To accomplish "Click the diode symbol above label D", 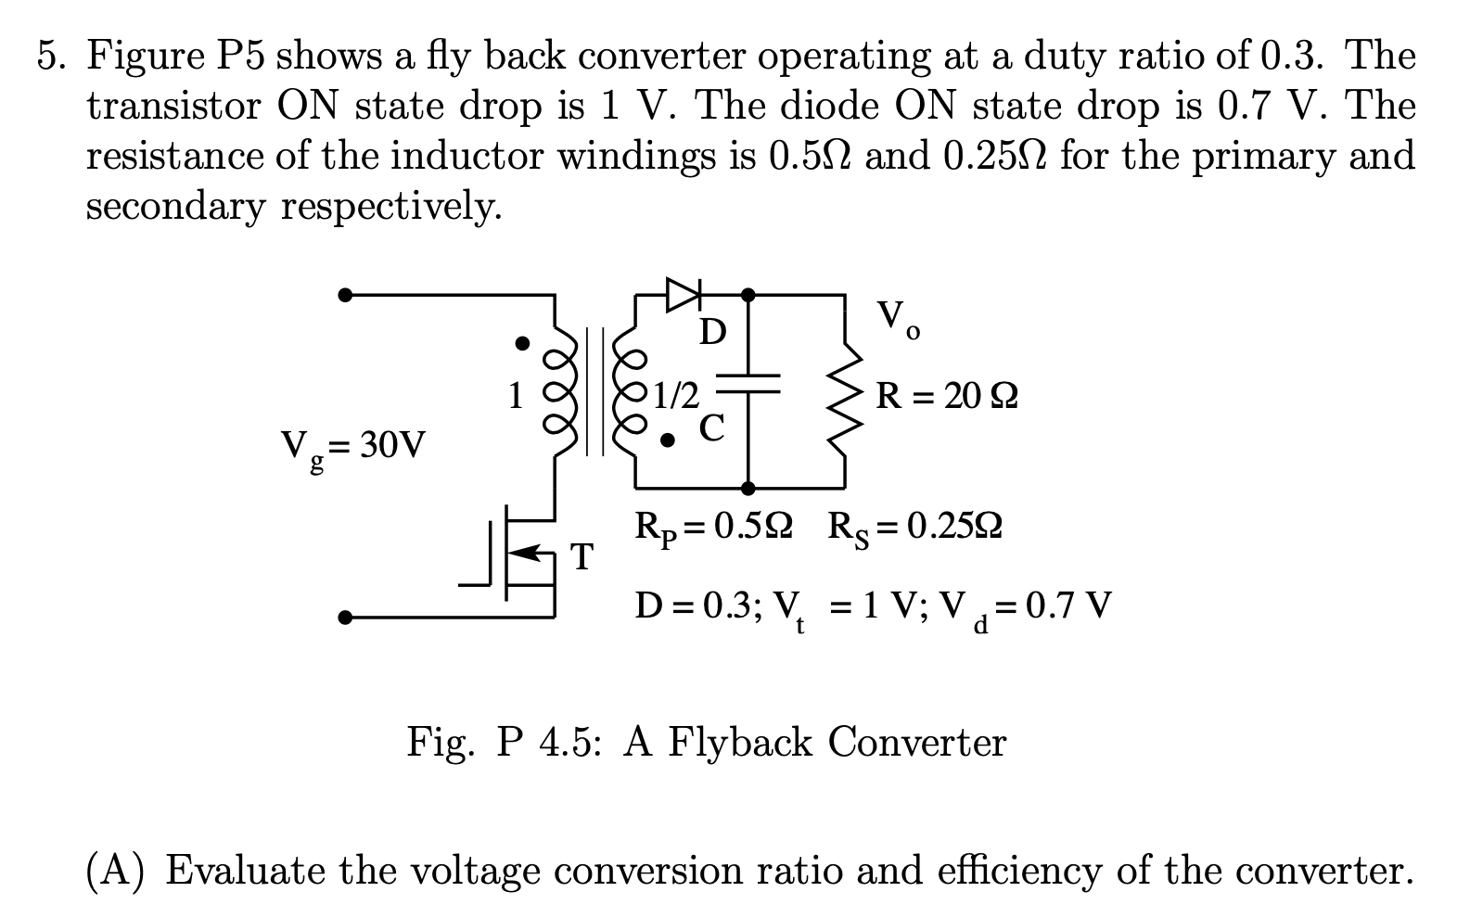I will pos(684,295).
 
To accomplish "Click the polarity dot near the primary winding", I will pos(523,344).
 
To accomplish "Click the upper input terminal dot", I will pos(345,296).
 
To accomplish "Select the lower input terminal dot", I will pos(345,617).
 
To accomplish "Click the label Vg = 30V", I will pos(353,448).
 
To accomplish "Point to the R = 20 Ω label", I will pos(947,397).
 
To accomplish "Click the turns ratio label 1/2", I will pos(677,397).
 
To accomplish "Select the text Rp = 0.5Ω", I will pos(713,529).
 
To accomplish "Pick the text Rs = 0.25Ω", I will pos(914,529).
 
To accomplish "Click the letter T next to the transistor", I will pos(582,557).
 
